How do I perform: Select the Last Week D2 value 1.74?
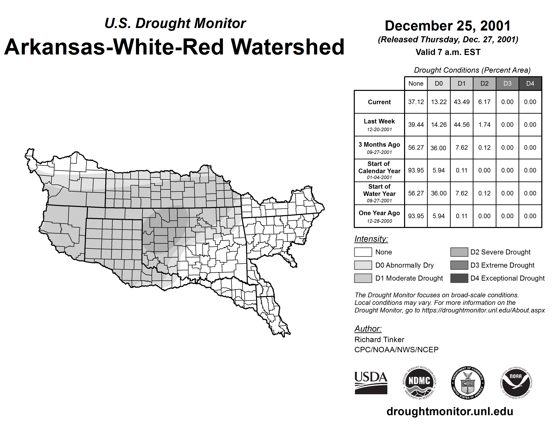(484, 125)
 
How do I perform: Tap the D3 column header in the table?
(507, 83)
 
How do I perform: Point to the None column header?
(416, 83)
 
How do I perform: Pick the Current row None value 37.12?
(416, 102)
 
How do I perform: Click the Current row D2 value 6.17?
(484, 102)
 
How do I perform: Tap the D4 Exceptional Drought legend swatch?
(459, 278)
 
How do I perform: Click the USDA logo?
(371, 383)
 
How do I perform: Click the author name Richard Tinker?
(379, 340)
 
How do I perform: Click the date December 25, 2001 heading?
(448, 26)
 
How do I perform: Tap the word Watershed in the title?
(288, 47)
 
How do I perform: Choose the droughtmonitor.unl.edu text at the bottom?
(450, 411)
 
